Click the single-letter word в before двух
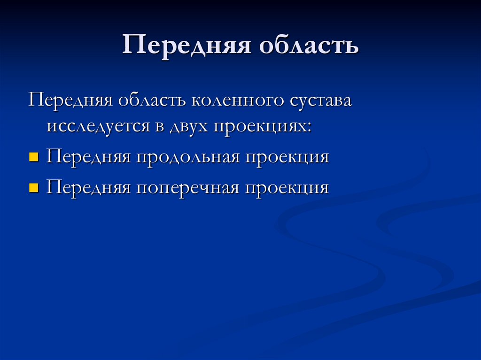point(155,127)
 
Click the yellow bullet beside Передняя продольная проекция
point(33,157)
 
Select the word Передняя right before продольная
point(88,157)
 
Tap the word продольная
point(187,157)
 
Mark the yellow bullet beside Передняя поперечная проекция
point(33,188)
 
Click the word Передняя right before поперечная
point(88,188)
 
